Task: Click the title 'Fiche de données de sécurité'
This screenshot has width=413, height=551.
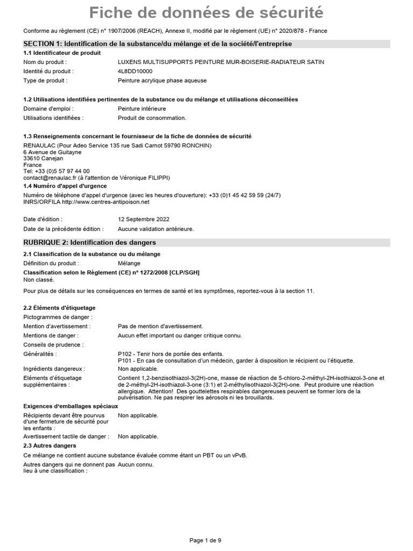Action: (x=206, y=12)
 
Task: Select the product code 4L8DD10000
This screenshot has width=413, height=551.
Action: (x=135, y=71)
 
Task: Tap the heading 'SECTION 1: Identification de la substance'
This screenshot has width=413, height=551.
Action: (x=158, y=44)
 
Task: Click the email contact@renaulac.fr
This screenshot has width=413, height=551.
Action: (x=50, y=178)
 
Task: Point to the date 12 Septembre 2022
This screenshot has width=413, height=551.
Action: (x=144, y=220)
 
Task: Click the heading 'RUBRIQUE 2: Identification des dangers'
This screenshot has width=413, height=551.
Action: (x=89, y=243)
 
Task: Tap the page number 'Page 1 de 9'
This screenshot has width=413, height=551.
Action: (x=205, y=540)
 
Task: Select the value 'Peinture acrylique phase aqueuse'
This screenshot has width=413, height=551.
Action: (x=162, y=80)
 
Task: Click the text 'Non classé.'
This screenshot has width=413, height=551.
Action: (x=39, y=280)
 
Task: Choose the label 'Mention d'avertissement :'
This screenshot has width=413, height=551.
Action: (x=57, y=326)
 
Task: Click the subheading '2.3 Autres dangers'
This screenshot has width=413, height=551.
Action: (x=49, y=446)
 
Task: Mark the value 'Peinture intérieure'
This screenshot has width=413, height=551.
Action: (x=142, y=109)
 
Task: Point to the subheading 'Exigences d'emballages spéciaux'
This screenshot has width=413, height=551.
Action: (x=70, y=406)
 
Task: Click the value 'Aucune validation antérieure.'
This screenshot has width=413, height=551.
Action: (x=156, y=229)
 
